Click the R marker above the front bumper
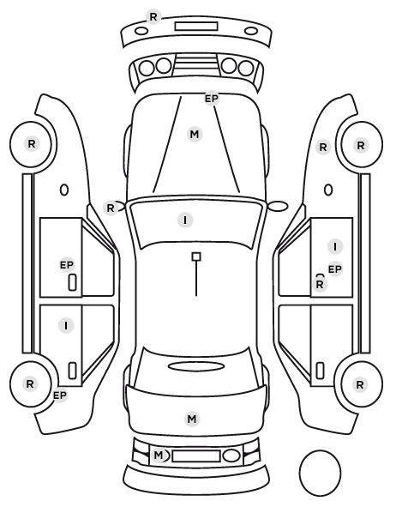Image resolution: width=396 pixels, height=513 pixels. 153,16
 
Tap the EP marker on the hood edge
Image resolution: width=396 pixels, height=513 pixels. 211,98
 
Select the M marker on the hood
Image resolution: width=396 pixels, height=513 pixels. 195,134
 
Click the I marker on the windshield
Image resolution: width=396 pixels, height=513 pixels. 185,220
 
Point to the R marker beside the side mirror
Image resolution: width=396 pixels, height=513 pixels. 111,208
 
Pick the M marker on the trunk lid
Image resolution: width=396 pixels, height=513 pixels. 192,419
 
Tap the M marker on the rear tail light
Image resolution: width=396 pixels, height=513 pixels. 159,455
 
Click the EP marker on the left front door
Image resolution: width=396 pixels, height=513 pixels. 67,265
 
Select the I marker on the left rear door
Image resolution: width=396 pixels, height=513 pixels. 66,325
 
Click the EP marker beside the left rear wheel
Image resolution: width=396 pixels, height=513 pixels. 60,395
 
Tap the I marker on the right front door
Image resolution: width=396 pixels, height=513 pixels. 335,246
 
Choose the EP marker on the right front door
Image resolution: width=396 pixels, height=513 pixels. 335,269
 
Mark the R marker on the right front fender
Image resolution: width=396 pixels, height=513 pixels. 323,148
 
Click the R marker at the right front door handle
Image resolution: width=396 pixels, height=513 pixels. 320,284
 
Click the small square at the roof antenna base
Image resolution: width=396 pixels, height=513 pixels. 196,256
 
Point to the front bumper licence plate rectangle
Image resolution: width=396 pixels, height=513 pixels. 196,27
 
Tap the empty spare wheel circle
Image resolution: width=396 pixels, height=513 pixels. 320,473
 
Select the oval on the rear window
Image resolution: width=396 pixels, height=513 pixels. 196,367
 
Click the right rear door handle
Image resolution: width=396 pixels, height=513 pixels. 320,371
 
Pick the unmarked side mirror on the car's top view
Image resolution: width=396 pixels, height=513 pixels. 279,207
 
